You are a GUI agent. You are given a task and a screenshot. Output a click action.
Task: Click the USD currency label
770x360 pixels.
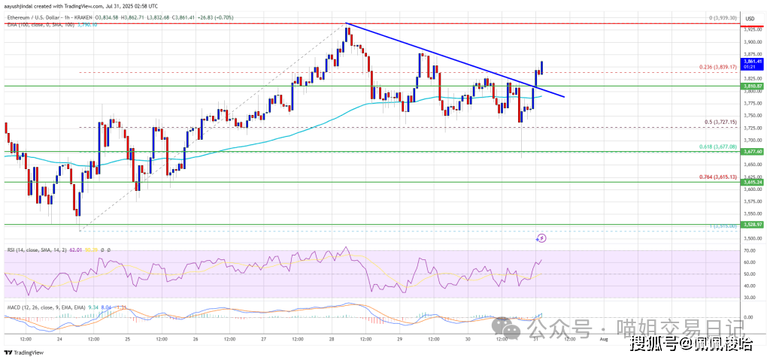[x=749, y=17]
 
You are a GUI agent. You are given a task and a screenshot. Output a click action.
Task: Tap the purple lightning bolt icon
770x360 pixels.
[x=541, y=238]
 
